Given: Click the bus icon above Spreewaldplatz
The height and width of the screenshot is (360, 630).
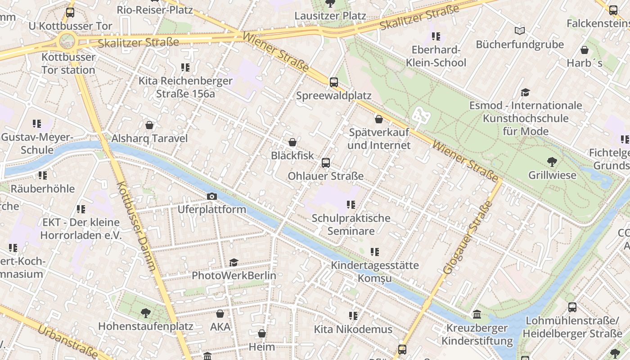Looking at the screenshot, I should [333, 82].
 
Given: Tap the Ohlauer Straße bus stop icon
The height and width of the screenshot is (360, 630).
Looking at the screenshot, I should [326, 163].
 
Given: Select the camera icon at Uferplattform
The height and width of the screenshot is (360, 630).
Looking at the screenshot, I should [211, 196].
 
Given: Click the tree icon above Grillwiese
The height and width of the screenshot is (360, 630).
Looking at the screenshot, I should [552, 162].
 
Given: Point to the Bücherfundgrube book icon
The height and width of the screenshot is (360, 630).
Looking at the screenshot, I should [520, 31].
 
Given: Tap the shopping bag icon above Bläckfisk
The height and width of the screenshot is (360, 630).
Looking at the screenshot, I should [292, 143].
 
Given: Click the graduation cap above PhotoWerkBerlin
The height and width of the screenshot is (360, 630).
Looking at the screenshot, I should [234, 262].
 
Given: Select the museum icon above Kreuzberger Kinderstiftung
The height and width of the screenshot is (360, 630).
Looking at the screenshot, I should [477, 314].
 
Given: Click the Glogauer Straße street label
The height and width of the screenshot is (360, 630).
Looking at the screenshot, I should [468, 238].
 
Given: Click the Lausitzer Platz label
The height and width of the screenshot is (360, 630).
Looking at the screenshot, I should [330, 16].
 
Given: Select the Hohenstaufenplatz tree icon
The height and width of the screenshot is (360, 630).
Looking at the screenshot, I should [145, 313].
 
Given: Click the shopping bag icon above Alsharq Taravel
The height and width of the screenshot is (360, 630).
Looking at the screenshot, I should [149, 125].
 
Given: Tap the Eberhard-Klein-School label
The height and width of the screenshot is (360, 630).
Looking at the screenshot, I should [436, 56].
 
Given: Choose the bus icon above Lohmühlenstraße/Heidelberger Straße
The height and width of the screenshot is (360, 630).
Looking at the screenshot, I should [572, 307].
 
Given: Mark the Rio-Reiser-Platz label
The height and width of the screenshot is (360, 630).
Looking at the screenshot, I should [154, 9].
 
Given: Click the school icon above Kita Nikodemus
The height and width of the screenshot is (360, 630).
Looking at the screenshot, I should [353, 316].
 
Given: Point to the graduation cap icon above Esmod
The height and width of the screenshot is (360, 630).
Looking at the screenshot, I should [525, 92].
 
